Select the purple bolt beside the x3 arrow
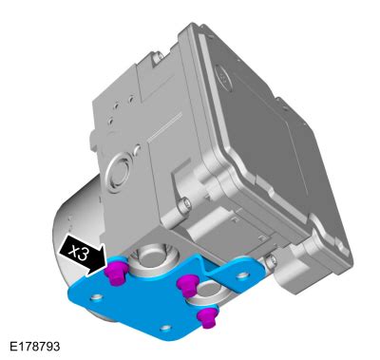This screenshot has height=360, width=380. pyautogui.click(x=117, y=273)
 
